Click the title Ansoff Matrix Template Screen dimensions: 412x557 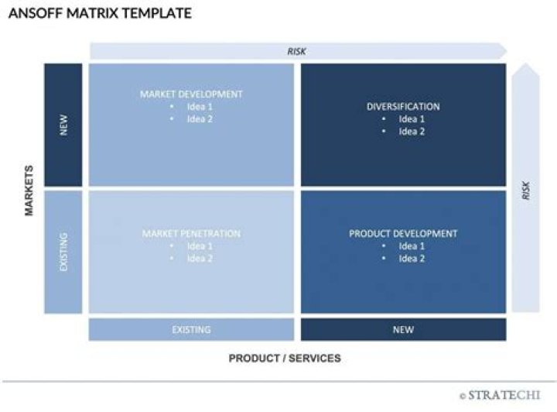[x=100, y=14]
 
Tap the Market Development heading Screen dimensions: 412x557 [x=191, y=94]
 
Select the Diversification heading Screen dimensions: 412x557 [x=403, y=107]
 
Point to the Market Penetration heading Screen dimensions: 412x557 [x=191, y=234]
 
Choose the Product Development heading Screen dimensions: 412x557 [x=403, y=234]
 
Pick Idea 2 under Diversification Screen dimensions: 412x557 [x=412, y=132]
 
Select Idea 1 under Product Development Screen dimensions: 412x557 [x=412, y=246]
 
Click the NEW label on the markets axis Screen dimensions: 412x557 [x=63, y=125]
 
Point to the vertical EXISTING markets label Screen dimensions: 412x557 [x=63, y=252]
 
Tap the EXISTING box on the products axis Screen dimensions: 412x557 [x=191, y=330]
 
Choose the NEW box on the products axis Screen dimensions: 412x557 [x=403, y=330]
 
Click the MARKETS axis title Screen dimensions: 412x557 [x=30, y=189]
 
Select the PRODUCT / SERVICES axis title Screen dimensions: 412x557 [x=285, y=359]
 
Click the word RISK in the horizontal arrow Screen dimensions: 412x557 [x=297, y=51]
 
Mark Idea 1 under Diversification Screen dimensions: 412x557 [x=412, y=119]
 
